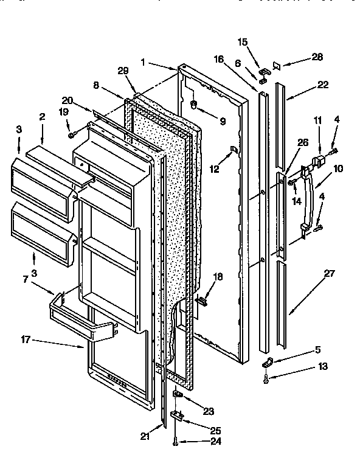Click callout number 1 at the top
[142, 62]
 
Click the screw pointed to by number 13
[267, 380]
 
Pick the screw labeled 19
[72, 133]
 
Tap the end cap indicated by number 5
[265, 363]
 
